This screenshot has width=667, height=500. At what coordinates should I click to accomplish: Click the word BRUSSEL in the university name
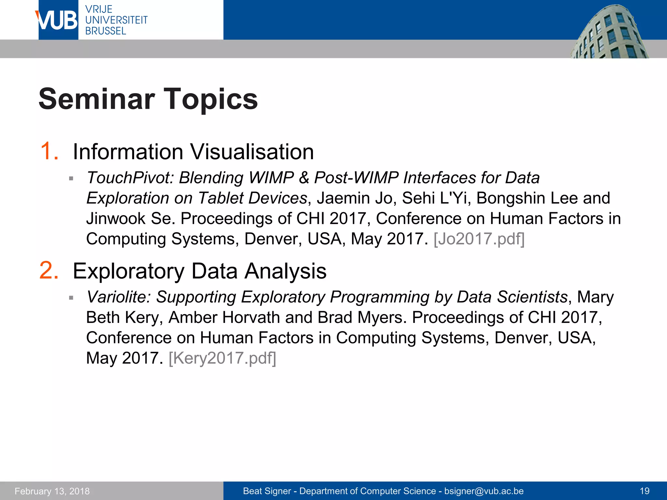106,31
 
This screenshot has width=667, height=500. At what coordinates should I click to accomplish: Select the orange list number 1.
49,151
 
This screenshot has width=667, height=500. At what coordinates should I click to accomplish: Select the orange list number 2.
49,271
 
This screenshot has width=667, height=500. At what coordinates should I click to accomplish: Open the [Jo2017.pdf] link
479,239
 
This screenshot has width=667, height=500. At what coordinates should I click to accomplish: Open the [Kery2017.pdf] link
222,358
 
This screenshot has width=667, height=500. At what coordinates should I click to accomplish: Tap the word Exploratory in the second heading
129,271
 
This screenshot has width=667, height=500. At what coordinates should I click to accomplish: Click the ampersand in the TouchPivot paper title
304,178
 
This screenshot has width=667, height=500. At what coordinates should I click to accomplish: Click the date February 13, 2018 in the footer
52,491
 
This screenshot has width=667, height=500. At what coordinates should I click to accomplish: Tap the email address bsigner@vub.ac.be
484,491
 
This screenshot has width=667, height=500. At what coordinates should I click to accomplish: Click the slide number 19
645,491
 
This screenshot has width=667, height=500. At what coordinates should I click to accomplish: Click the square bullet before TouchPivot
71,178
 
